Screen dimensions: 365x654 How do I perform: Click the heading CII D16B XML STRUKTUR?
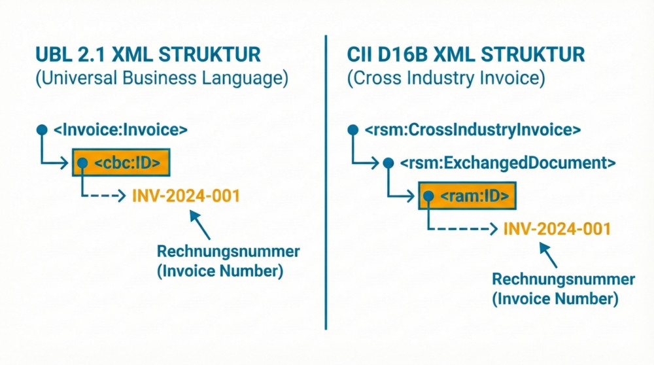[x=466, y=54]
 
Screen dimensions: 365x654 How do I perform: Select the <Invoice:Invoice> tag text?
[x=120, y=130]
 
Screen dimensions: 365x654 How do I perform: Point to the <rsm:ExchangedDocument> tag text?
[x=508, y=162]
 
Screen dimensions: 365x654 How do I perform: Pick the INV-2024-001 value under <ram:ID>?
[x=557, y=228]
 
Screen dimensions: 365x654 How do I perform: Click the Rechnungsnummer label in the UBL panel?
[x=228, y=251]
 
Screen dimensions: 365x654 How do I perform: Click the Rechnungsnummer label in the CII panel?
[x=563, y=279]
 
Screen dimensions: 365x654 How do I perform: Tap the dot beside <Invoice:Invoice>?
[x=42, y=130]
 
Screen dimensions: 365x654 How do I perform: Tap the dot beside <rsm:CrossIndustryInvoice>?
[x=353, y=130]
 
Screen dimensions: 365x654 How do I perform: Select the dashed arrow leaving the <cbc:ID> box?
[x=105, y=195]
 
